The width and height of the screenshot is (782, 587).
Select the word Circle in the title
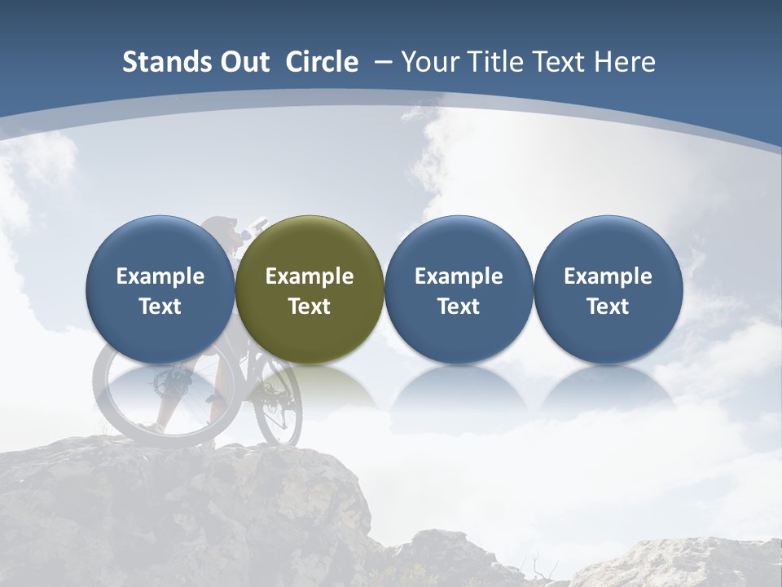pyautogui.click(x=322, y=62)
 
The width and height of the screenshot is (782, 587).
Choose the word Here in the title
pyautogui.click(x=625, y=62)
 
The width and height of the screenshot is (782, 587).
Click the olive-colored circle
pyautogui.click(x=310, y=289)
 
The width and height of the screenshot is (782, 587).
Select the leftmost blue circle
pyautogui.click(x=160, y=289)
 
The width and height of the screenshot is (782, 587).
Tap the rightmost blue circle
pyautogui.click(x=608, y=289)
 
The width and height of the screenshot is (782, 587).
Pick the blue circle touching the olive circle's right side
pyautogui.click(x=459, y=289)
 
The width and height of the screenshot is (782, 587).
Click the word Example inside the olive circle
pyautogui.click(x=310, y=276)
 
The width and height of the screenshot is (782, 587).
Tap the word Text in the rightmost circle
pyautogui.click(x=608, y=307)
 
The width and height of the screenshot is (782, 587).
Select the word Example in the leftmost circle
pyautogui.click(x=160, y=276)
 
